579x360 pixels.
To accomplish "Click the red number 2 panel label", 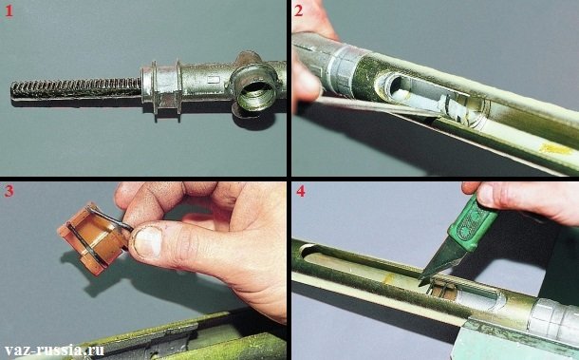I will [300, 13].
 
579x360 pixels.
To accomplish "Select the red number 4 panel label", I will [301, 195].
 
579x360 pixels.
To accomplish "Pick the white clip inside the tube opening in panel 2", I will [451, 109].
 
